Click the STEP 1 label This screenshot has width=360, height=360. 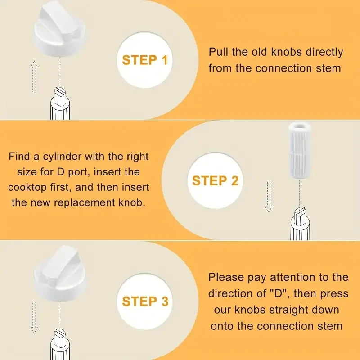(x=144, y=60)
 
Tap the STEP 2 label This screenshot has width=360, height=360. (x=216, y=181)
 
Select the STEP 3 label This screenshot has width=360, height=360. (x=145, y=301)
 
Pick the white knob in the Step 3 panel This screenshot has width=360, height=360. (x=60, y=273)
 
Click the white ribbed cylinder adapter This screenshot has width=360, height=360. (x=300, y=150)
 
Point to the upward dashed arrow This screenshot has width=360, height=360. (x=34, y=76)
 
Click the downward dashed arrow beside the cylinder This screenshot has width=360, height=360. (x=269, y=196)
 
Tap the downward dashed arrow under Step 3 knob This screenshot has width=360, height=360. (x=34, y=317)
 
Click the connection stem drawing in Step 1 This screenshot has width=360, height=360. (x=60, y=104)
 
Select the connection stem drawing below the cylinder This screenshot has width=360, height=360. (x=300, y=224)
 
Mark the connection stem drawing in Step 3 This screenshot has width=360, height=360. (x=60, y=344)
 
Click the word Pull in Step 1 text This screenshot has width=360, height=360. (x=218, y=52)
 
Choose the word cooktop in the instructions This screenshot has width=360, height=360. (x=27, y=188)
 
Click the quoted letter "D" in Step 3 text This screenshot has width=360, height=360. (x=278, y=293)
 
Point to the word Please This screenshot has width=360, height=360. (x=226, y=277)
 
